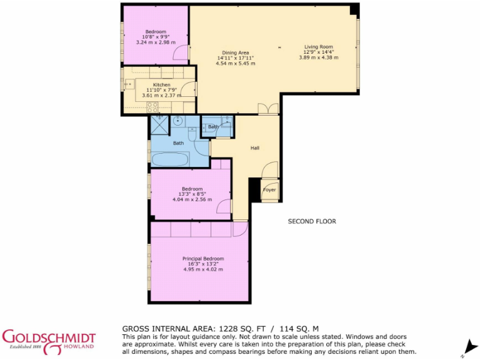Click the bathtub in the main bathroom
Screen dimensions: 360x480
click(x=170, y=159)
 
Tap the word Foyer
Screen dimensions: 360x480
click(x=269, y=189)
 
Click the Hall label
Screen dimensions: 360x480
click(x=255, y=148)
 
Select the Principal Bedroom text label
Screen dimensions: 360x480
click(x=203, y=259)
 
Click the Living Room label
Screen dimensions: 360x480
click(x=318, y=47)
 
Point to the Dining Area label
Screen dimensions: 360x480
click(x=235, y=52)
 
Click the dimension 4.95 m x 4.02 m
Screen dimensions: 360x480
click(x=203, y=269)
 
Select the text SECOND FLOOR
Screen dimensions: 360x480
click(x=312, y=221)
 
